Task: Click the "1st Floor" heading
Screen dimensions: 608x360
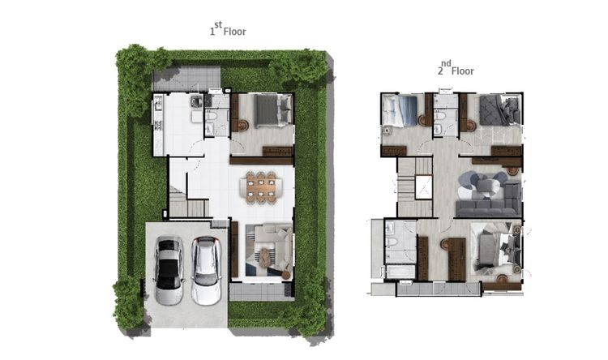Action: coord(228,29)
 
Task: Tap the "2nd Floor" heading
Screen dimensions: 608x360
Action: coord(456,69)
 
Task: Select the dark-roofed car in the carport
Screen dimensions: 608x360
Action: coord(169,270)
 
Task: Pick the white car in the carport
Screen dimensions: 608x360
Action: coord(206,270)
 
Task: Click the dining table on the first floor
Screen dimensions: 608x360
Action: coord(261,187)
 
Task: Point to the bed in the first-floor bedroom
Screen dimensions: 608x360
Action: coord(273,110)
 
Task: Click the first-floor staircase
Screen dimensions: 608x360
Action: coord(188,202)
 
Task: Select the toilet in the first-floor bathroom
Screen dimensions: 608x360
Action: coord(212,115)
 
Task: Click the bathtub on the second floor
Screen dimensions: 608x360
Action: coord(400,272)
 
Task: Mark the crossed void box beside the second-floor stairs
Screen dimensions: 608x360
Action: coord(423,187)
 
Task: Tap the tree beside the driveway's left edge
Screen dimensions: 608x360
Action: coord(128,297)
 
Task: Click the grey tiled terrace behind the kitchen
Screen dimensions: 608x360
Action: coord(186,79)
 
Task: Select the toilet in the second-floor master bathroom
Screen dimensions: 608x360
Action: coord(392,242)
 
